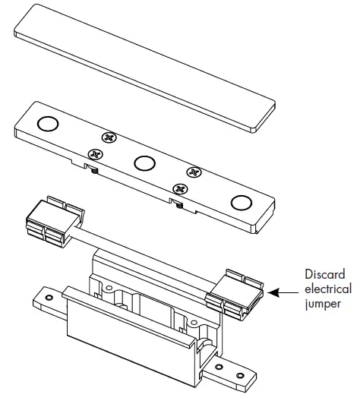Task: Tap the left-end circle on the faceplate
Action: coord(48,124)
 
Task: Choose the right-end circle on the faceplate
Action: coord(242,202)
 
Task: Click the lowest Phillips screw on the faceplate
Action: coord(180,188)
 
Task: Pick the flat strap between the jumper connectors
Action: coord(144,254)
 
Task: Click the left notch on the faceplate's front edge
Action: coord(90,167)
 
